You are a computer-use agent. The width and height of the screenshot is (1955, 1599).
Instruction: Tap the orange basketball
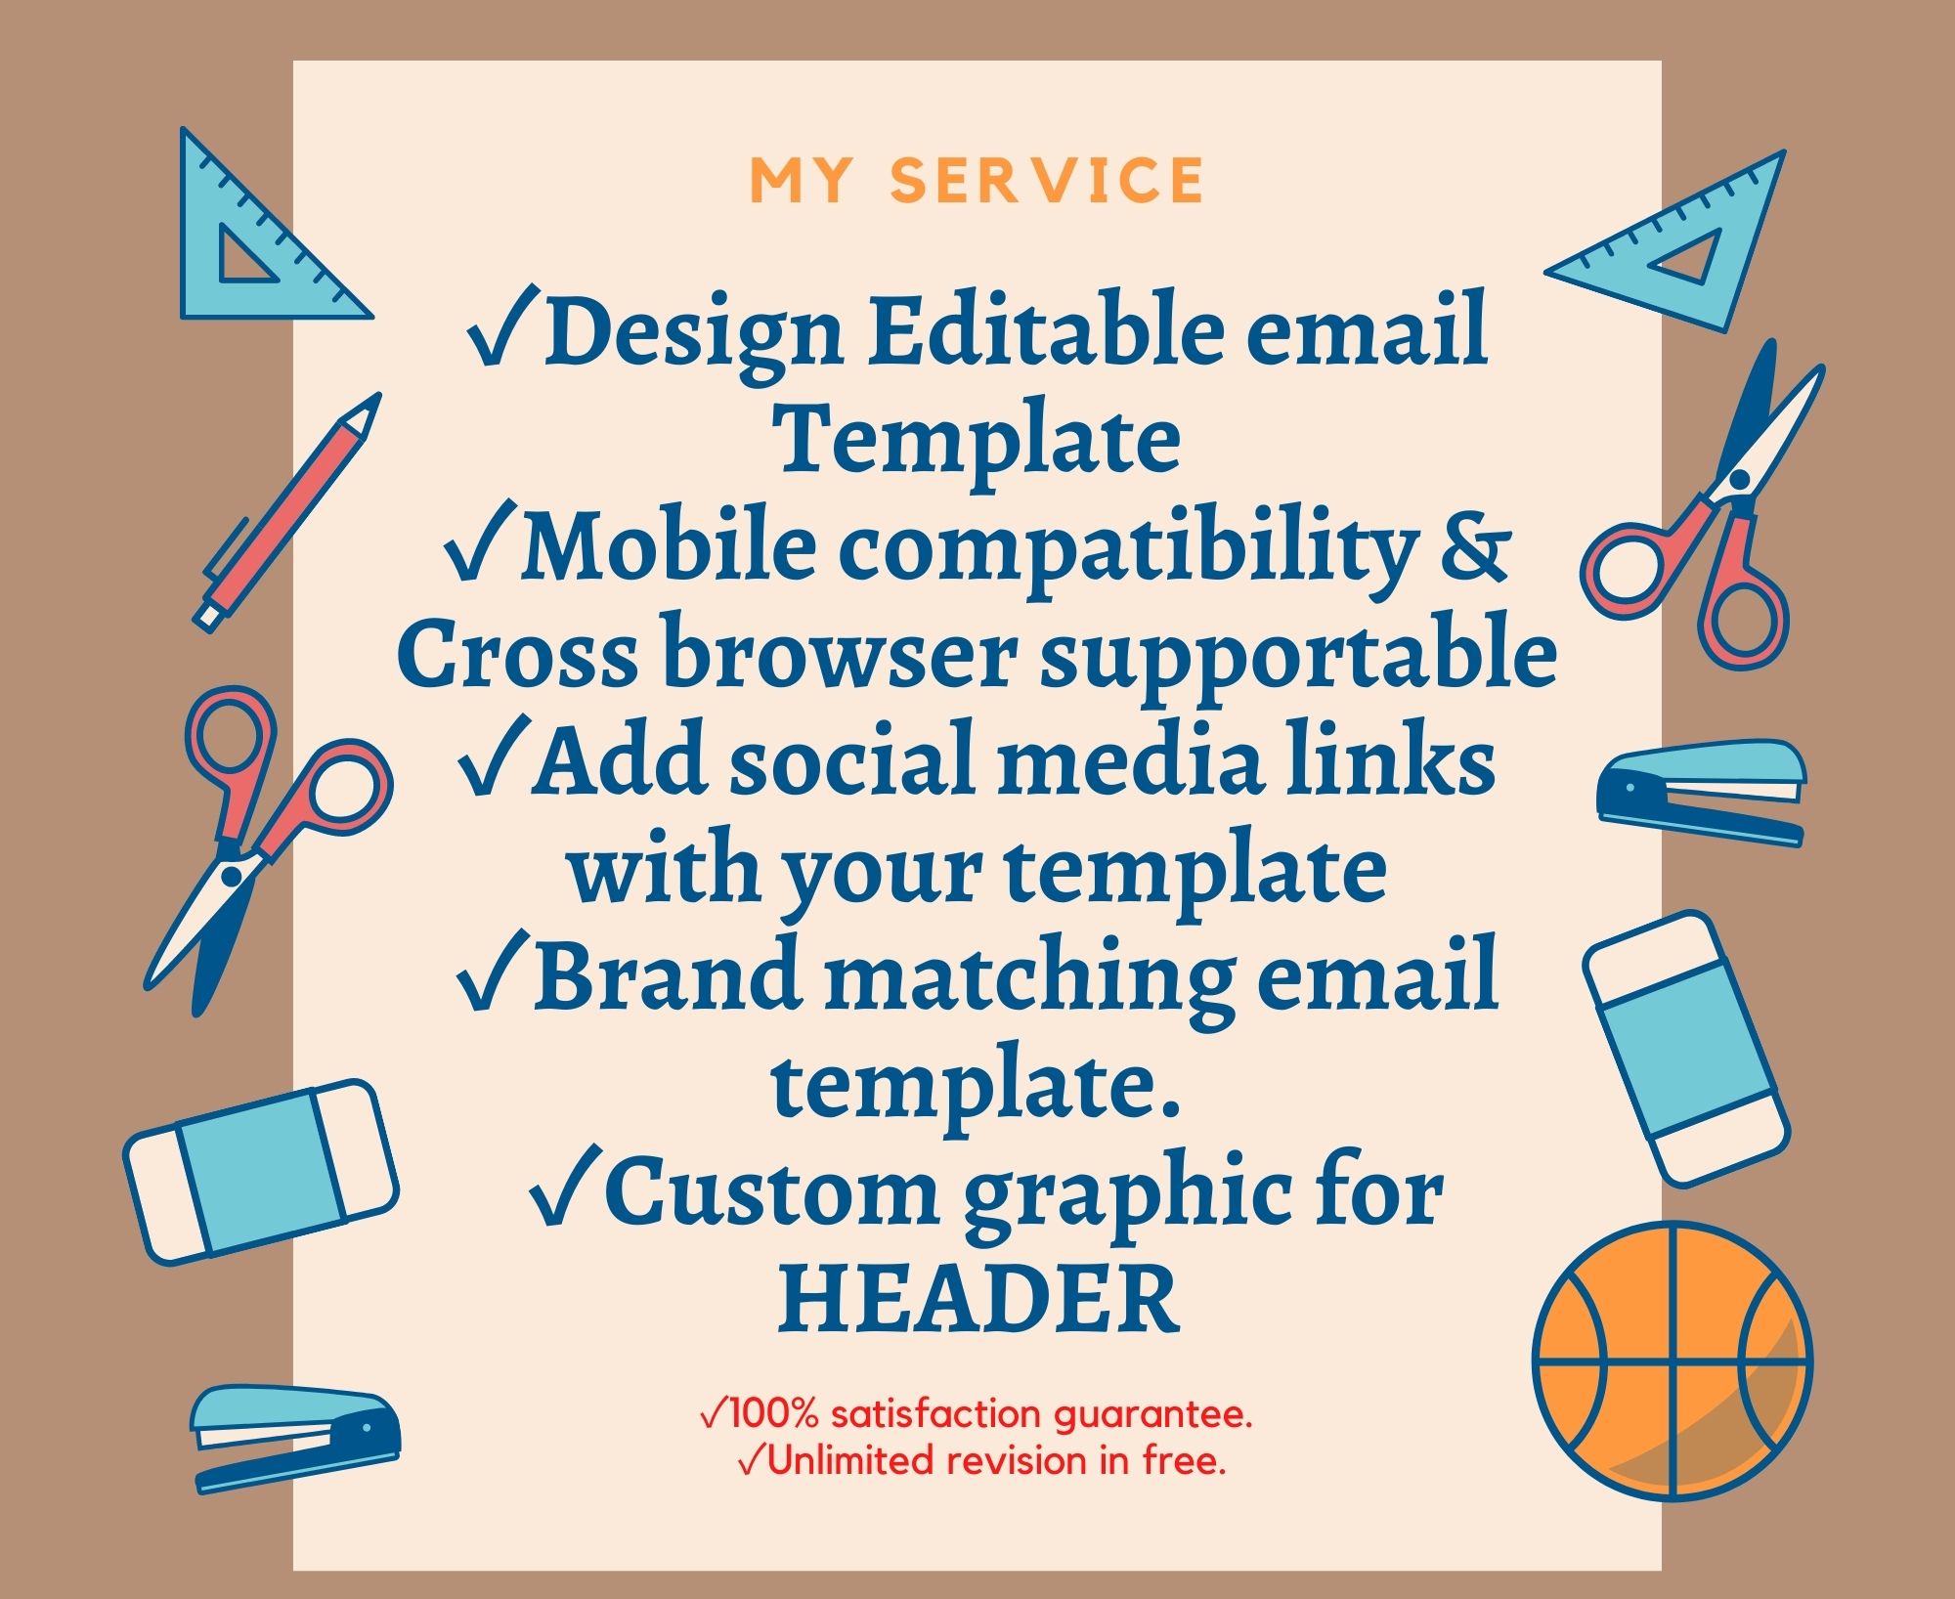[x=1673, y=1360]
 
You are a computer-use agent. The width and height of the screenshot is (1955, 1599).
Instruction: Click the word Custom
[x=772, y=1192]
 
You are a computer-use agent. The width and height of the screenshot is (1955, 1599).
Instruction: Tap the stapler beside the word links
[x=1702, y=791]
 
